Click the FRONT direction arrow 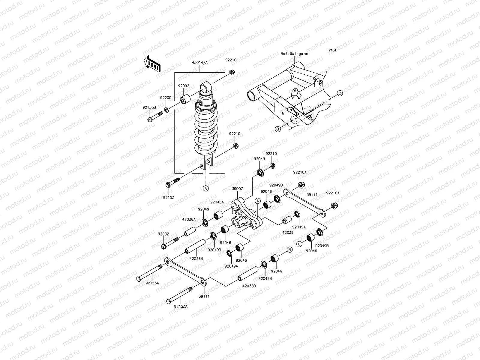[152, 64]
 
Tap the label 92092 [183, 86]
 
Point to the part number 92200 [165, 98]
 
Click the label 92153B [149, 107]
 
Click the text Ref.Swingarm [294, 54]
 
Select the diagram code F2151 [331, 51]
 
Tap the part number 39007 [237, 189]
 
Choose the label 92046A [217, 202]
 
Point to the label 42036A [189, 219]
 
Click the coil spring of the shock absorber [205, 129]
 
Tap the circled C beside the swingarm [340, 93]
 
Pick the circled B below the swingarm [278, 129]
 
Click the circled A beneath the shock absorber [205, 188]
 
